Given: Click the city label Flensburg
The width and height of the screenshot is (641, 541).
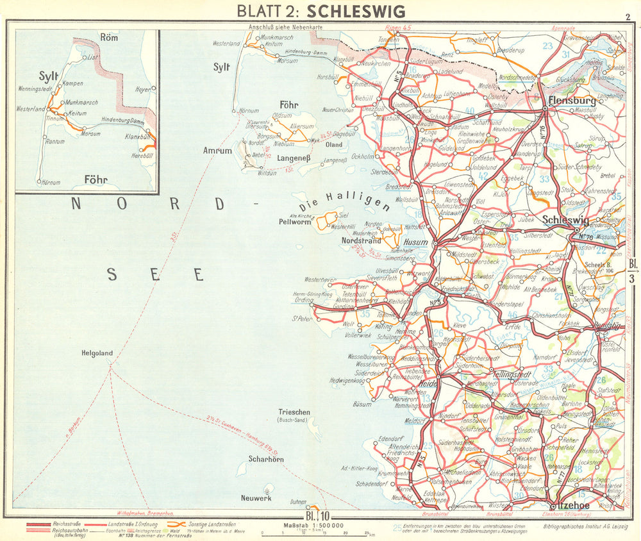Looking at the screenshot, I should tap(572, 101).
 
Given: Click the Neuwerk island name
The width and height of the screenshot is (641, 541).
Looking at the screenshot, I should tap(256, 498).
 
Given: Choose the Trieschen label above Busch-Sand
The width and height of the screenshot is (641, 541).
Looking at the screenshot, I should tap(294, 412).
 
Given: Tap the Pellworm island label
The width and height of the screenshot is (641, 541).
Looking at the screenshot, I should tap(294, 222).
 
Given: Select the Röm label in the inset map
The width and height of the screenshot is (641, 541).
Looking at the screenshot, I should tap(110, 38).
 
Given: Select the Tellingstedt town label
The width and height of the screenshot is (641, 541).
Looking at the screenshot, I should tap(514, 372).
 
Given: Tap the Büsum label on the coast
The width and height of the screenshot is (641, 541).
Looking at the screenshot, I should tap(362, 404).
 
